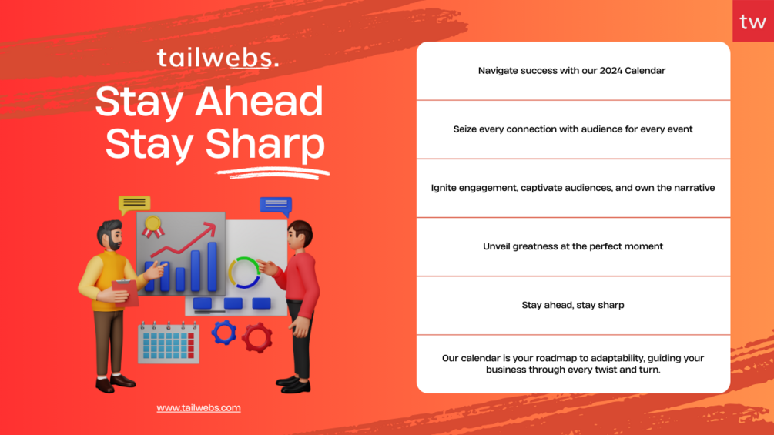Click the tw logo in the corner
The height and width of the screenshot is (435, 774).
(752, 22)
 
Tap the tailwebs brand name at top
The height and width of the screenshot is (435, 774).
(218, 58)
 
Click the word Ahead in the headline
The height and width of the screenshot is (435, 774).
(259, 101)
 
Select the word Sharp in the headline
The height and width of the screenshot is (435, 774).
(265, 143)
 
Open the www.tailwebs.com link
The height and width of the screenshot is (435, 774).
(199, 408)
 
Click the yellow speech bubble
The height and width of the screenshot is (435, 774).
(134, 204)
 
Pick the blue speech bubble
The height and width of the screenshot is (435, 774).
(276, 206)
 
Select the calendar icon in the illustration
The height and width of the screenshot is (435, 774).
(169, 343)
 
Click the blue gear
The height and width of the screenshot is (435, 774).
(224, 333)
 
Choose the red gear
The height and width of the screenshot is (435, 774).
(256, 338)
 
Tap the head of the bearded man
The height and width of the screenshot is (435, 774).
(109, 236)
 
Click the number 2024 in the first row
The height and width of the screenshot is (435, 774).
(611, 71)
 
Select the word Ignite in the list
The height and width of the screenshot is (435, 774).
(444, 188)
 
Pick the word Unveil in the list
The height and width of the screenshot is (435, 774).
(496, 246)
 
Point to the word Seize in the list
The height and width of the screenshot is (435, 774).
(465, 129)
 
